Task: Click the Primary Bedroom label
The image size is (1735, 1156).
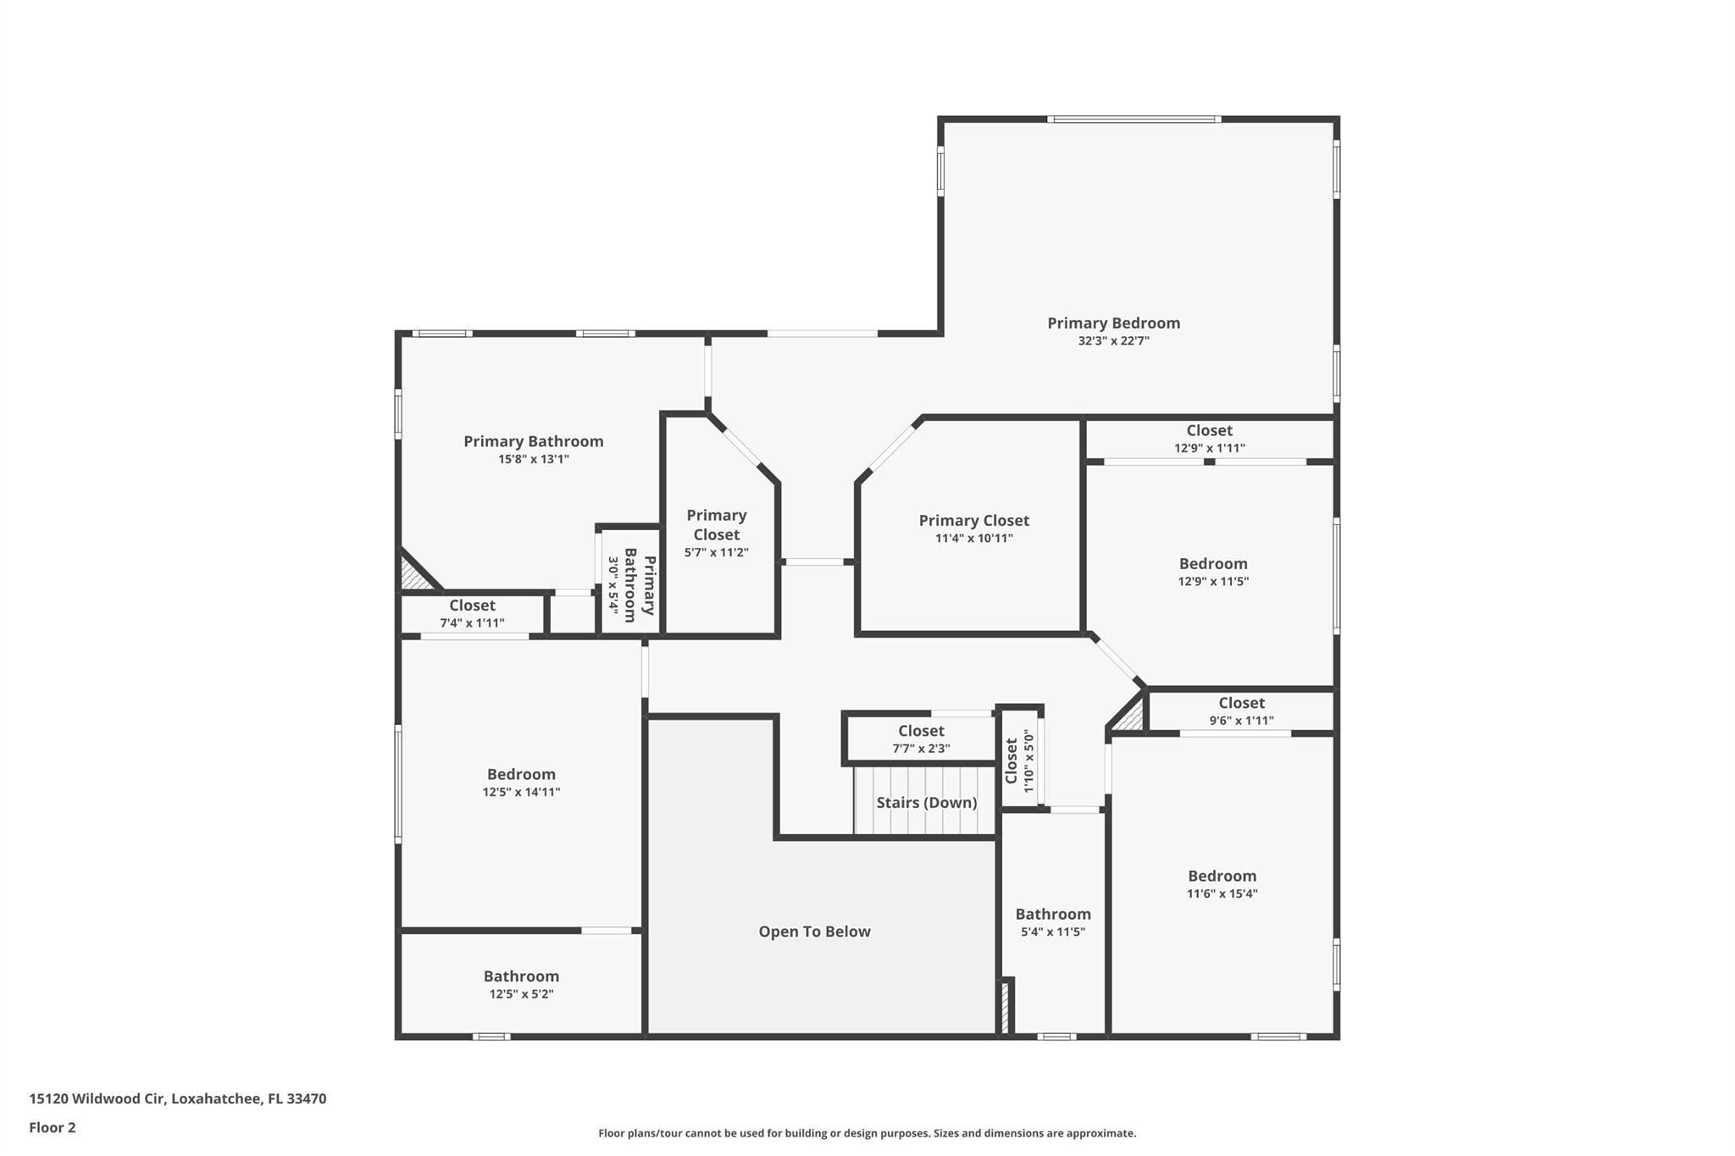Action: click(1113, 323)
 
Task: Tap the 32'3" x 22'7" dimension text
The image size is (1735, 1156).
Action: click(1113, 341)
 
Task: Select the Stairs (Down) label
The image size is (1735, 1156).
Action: click(926, 802)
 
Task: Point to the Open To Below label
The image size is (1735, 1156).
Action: click(814, 932)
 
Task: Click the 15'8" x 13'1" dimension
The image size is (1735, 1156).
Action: click(533, 459)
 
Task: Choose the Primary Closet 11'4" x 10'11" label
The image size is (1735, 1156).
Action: click(973, 521)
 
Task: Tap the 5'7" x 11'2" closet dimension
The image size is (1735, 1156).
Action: click(716, 553)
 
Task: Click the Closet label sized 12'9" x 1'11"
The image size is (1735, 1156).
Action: click(1209, 430)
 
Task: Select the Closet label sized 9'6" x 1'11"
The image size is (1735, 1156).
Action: click(1241, 703)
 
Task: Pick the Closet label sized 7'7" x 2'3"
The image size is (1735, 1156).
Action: click(921, 731)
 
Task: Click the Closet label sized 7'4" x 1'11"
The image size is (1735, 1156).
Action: click(472, 606)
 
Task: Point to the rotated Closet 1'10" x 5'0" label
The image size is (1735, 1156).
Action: click(1012, 761)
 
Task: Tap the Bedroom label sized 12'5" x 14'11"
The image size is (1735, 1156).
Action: click(521, 774)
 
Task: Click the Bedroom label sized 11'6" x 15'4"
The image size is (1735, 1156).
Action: click(1222, 876)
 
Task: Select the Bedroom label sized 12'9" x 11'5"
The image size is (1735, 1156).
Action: click(1212, 564)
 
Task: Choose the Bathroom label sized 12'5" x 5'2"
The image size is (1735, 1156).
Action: click(521, 976)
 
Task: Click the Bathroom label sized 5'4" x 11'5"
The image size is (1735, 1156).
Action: click(1053, 914)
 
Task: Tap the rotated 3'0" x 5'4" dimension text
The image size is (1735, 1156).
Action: click(613, 584)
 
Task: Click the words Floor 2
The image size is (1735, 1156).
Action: click(53, 1127)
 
